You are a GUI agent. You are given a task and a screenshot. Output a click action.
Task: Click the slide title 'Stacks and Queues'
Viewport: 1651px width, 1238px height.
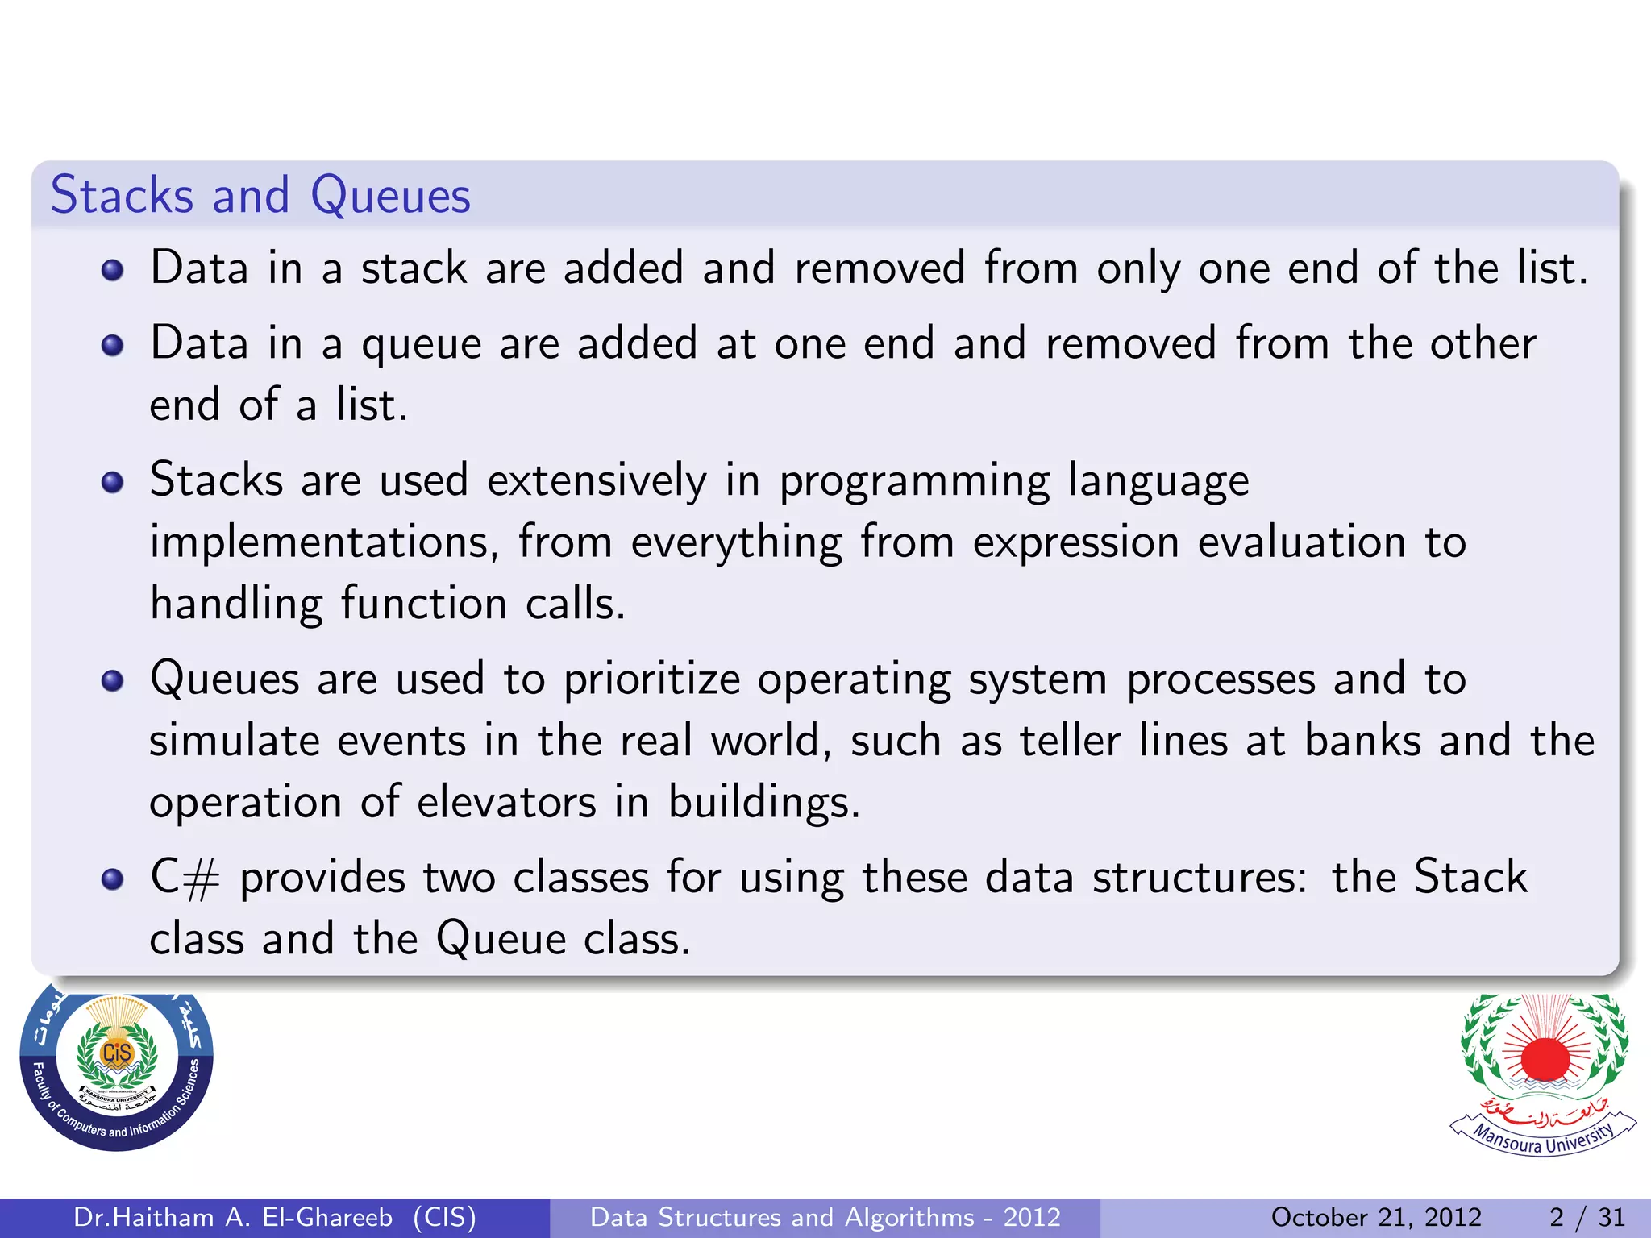260,196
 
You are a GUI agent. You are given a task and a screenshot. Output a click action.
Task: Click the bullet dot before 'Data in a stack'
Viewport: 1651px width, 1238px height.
113,270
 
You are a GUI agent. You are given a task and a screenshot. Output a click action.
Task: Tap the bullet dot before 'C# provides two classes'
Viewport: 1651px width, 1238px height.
113,879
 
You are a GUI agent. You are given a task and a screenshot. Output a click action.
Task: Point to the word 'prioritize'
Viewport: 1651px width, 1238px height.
651,679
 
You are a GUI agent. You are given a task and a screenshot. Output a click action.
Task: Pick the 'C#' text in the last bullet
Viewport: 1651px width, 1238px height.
185,878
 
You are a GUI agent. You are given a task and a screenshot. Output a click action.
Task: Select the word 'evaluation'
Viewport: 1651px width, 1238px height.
1301,542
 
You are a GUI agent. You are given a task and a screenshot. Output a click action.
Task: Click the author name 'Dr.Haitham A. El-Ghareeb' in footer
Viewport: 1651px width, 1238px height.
233,1217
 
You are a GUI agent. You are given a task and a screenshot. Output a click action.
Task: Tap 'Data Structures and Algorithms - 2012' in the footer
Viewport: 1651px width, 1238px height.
825,1217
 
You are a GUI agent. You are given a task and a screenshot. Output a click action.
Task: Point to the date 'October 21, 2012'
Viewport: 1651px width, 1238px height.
1376,1217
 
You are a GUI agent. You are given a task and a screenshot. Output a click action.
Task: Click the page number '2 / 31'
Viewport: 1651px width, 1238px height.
1587,1217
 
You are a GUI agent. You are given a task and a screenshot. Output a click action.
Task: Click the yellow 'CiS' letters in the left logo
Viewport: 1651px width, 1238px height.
117,1053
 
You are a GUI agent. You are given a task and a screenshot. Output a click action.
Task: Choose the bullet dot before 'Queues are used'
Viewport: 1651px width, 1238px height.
113,681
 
